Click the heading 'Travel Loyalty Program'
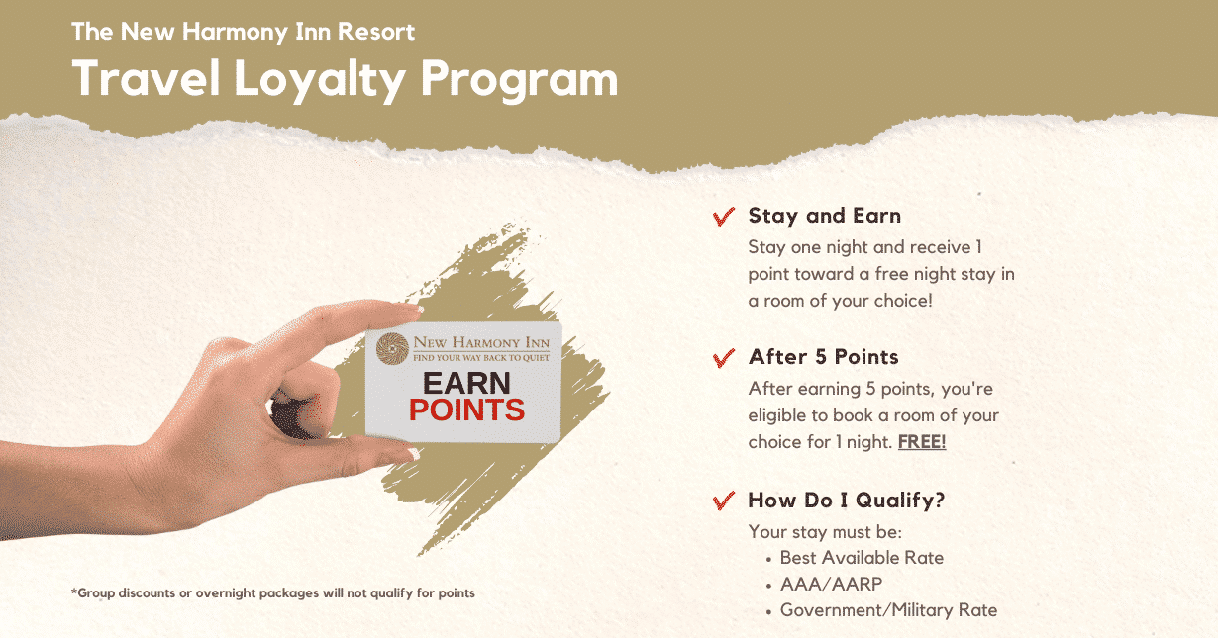tap(345, 79)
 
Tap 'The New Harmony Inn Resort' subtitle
tap(243, 31)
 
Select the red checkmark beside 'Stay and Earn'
tap(723, 217)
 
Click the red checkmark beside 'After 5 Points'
tap(723, 358)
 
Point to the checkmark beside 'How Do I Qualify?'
tap(723, 501)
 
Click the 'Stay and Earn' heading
tap(824, 216)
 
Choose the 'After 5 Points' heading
tap(823, 357)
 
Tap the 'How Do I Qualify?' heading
tap(846, 501)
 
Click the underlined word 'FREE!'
tap(921, 442)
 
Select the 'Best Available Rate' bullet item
tap(862, 558)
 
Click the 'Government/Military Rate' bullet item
tap(888, 610)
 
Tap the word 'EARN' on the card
tap(466, 383)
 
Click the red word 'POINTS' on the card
tap(466, 410)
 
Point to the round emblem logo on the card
tap(392, 348)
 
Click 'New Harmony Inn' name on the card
tap(480, 342)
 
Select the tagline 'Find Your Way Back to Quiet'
tap(480, 357)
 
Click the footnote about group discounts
tap(272, 593)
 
